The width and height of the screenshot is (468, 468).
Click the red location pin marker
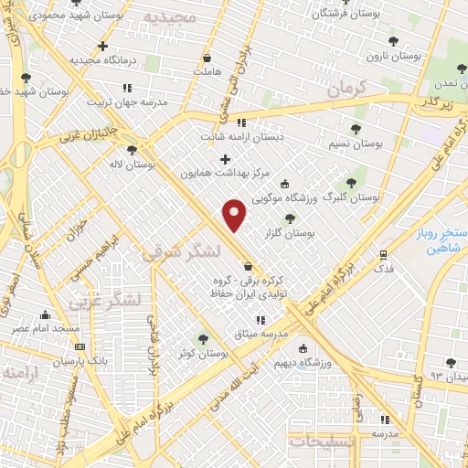[236, 215]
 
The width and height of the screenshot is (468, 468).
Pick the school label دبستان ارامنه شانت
[244, 137]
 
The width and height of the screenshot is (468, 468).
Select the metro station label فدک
[384, 270]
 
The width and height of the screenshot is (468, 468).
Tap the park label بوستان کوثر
[206, 352]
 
